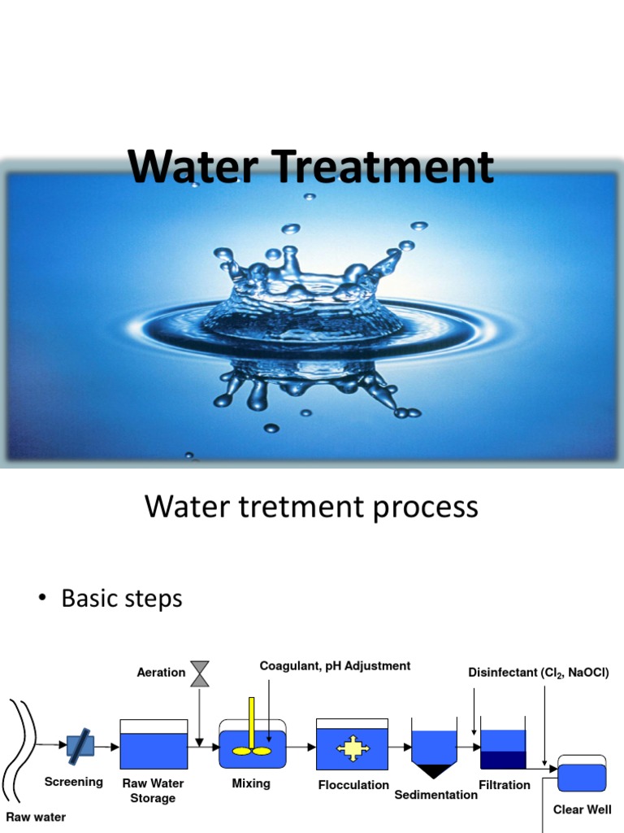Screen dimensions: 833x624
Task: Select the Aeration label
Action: point(161,673)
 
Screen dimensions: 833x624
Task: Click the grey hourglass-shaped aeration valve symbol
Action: point(199,673)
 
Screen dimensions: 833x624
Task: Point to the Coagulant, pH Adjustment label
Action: point(335,666)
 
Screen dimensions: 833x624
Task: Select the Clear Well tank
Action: point(582,774)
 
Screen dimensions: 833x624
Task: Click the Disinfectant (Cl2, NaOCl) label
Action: point(538,673)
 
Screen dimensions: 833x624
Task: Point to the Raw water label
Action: point(36,817)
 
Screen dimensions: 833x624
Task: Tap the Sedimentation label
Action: point(435,795)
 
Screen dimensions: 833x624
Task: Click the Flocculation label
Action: point(353,785)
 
